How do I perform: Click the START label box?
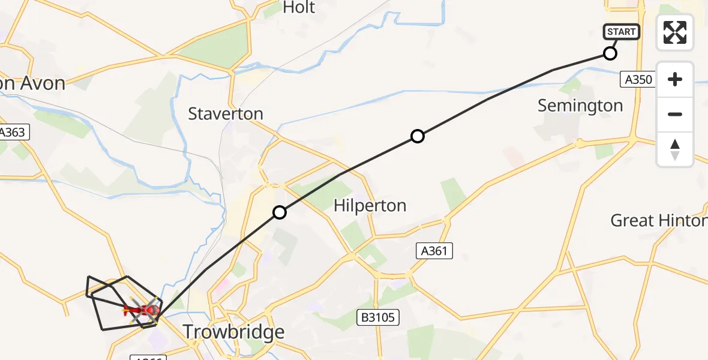click(622, 32)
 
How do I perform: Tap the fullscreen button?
click(675, 32)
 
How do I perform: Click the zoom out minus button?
click(675, 114)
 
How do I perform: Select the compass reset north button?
click(675, 149)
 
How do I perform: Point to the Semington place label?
click(580, 106)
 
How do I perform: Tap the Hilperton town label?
click(370, 206)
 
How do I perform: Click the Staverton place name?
click(226, 114)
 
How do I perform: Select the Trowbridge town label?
click(233, 332)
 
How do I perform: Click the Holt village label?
click(298, 8)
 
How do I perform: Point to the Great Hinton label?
click(658, 221)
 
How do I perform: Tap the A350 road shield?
click(638, 79)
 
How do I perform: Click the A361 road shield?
click(434, 251)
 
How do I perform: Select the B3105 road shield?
click(379, 317)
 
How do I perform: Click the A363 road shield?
click(13, 132)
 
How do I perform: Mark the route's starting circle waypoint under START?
click(610, 53)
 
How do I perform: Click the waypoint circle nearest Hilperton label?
click(280, 212)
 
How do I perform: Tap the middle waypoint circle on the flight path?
click(418, 136)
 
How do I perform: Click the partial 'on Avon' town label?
click(32, 83)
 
